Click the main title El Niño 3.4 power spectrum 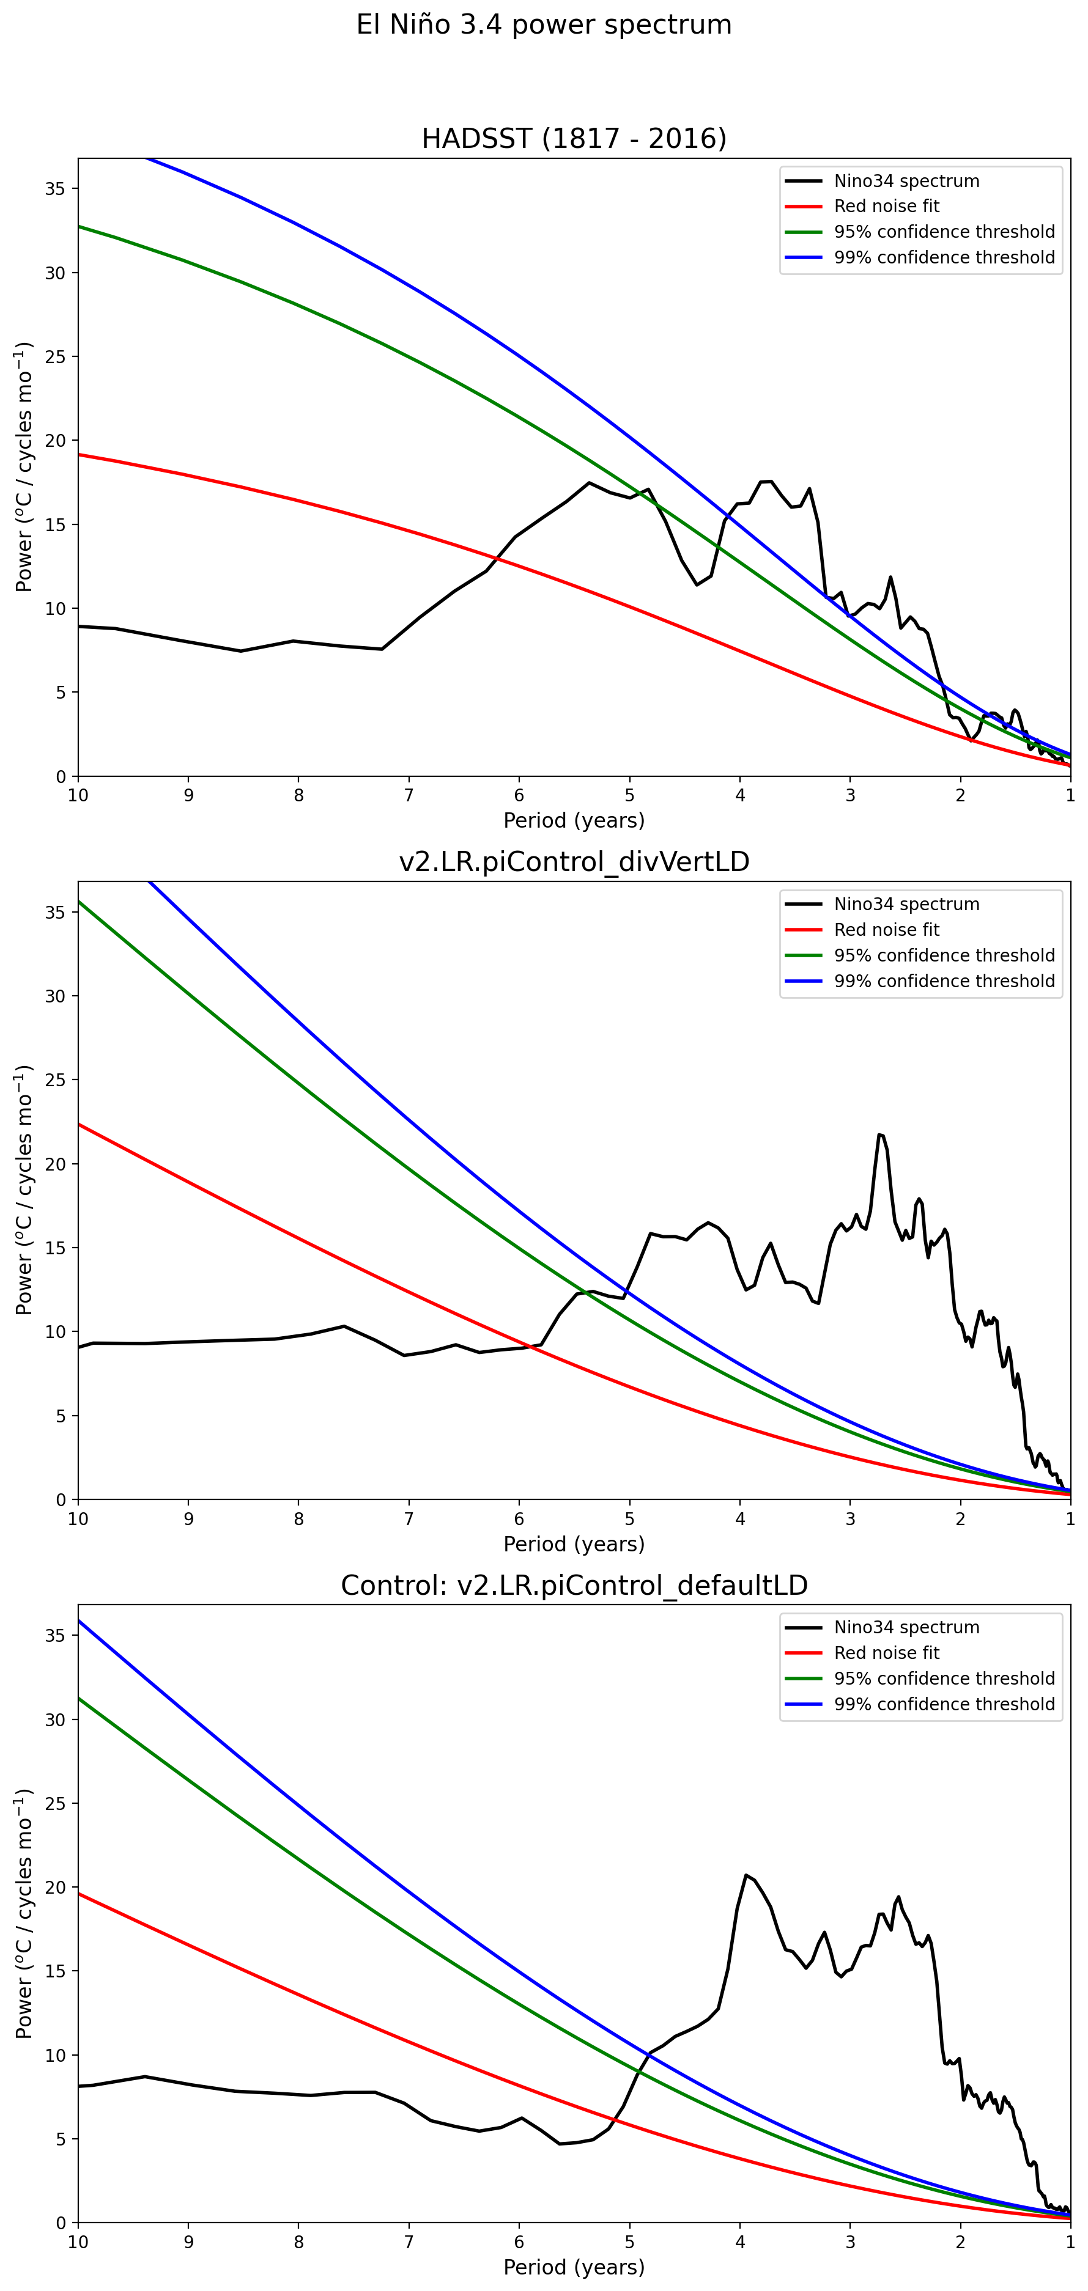pos(544,25)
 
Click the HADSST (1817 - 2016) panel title pos(574,139)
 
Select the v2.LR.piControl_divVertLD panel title pos(574,862)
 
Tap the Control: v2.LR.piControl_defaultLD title pos(574,1585)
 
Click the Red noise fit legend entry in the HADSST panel pos(886,207)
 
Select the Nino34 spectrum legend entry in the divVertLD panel pos(906,905)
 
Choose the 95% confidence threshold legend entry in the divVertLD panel pos(944,955)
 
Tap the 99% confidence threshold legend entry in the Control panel pos(944,1704)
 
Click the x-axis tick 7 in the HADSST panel pos(409,795)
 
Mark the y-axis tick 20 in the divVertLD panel pos(55,1164)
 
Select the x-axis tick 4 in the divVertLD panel pos(740,1518)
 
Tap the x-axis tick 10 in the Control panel pos(78,2241)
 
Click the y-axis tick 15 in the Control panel pos(55,1971)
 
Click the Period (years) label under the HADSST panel pos(574,820)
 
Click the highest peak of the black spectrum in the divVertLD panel pos(881,1135)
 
